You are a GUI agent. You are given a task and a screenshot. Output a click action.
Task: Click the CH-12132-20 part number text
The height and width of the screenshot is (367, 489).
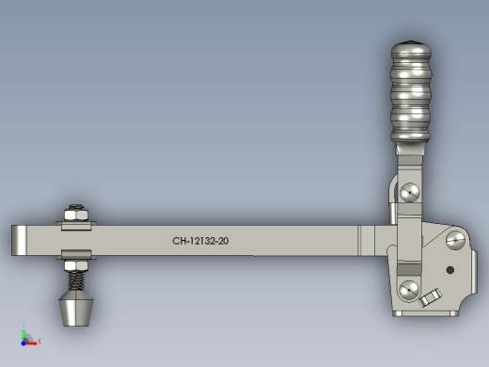coord(200,241)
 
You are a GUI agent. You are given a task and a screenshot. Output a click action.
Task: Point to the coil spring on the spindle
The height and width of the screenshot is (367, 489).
coord(76,280)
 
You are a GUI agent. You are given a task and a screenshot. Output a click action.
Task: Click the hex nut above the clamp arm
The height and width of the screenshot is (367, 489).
coord(76,215)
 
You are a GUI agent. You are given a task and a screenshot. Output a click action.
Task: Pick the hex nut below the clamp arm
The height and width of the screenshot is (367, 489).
coord(76,265)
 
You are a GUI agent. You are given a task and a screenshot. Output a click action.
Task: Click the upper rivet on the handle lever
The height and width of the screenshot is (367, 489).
coord(410,192)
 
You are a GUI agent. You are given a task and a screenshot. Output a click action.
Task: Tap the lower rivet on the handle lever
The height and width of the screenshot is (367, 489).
coord(409,290)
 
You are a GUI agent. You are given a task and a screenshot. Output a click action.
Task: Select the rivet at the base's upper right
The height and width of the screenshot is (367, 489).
coord(455,240)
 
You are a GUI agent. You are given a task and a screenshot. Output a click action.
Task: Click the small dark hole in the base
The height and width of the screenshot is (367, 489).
coord(450,270)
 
